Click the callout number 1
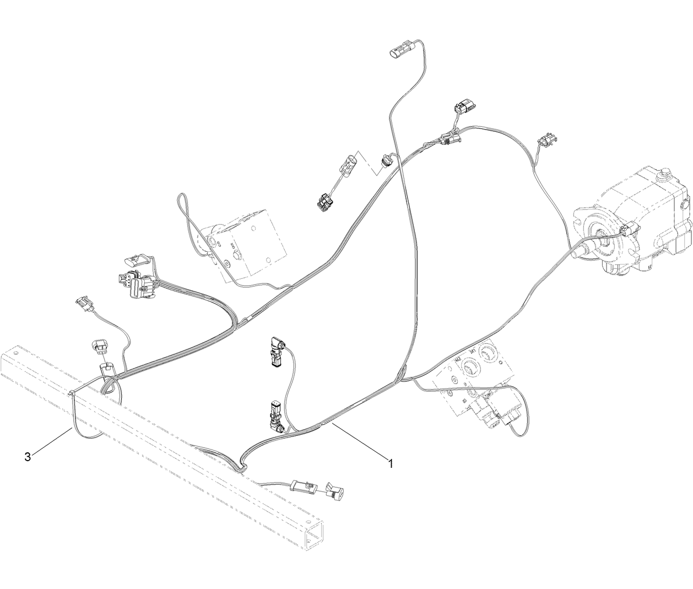click(390, 463)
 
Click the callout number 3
click(28, 457)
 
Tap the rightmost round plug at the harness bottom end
click(335, 490)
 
